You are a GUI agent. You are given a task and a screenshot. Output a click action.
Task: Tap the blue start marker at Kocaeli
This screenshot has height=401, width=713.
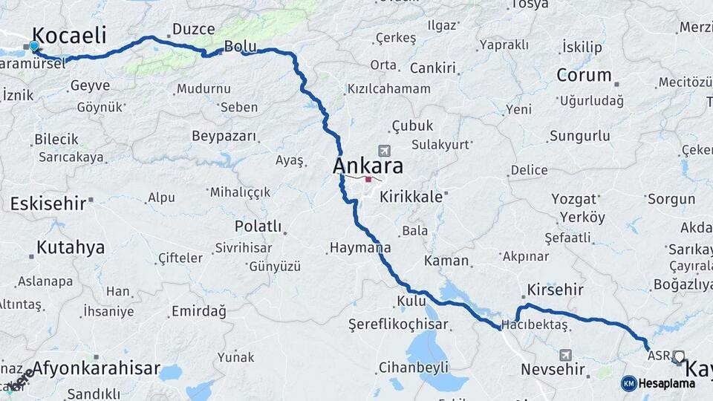coord(33,46)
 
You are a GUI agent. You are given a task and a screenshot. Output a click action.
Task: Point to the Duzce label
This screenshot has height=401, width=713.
coord(193,30)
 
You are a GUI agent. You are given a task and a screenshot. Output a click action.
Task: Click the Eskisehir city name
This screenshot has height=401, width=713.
coord(48,203)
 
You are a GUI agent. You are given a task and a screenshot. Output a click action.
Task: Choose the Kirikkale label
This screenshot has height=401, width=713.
coord(411,197)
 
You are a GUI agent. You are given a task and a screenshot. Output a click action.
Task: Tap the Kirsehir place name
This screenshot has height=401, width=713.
coord(555,290)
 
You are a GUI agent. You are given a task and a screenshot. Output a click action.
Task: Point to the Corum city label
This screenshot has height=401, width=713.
coord(584,75)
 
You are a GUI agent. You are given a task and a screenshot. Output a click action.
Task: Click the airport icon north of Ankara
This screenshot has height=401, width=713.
coord(383,149)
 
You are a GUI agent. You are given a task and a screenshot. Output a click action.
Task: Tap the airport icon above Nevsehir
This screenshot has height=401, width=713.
coord(567,355)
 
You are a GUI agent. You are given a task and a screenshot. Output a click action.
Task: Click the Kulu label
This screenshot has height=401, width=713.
coord(411,301)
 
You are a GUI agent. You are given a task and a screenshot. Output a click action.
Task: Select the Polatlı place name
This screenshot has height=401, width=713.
coord(258,226)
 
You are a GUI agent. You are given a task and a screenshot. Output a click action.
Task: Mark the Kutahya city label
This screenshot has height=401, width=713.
coord(71,247)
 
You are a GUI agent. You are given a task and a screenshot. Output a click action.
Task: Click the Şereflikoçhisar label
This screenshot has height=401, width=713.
coord(398,325)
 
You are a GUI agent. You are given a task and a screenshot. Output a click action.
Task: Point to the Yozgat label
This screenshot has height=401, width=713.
coord(574,198)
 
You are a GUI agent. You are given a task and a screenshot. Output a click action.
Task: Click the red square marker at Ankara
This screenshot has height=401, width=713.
coord(368,179)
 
